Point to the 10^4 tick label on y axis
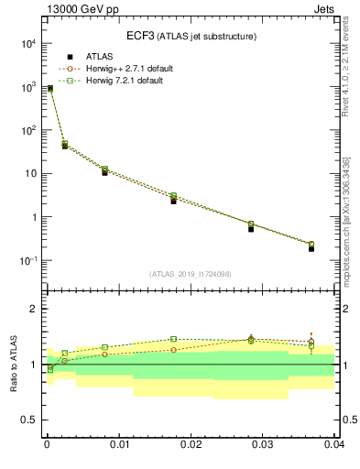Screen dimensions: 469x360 coord(27,43)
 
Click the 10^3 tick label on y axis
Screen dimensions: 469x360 coord(27,87)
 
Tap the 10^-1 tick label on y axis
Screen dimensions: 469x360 coord(27,261)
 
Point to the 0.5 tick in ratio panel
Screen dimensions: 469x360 coord(31,420)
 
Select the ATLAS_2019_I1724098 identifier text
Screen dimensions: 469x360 coord(190,274)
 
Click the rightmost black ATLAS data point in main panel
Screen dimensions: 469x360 coord(311,248)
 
